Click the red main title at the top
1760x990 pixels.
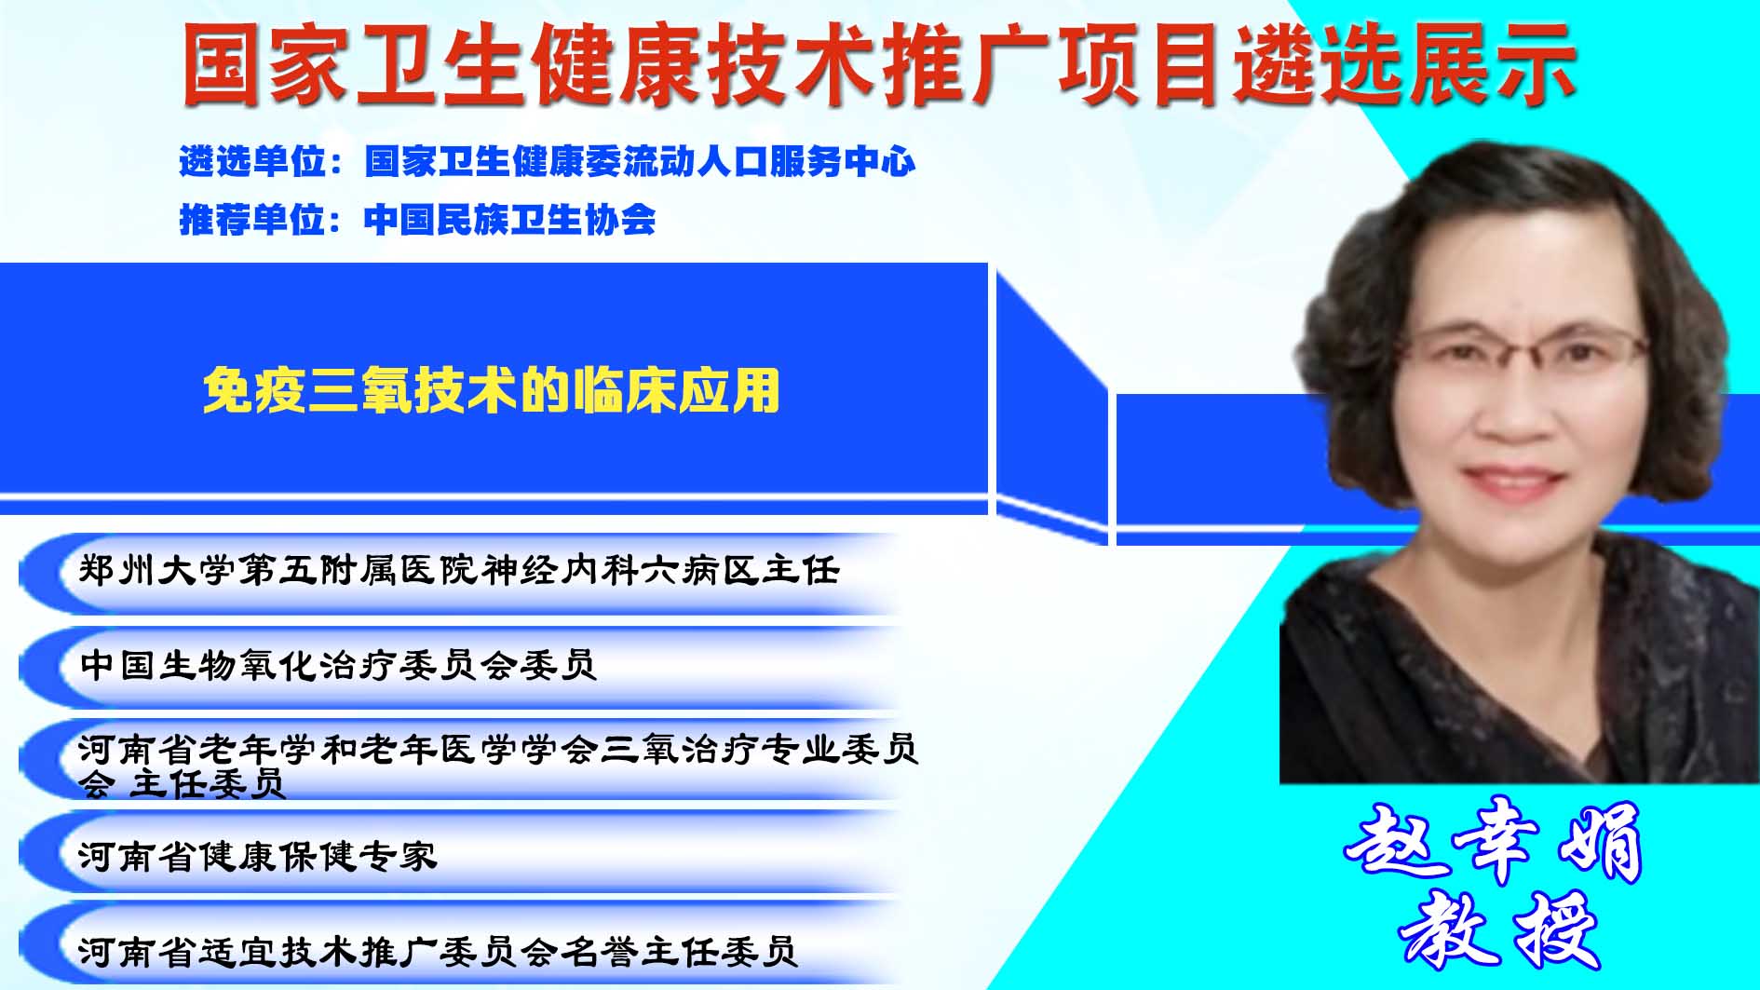coord(879,63)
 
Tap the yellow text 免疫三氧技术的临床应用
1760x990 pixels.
coord(491,390)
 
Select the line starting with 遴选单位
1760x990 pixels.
coord(548,161)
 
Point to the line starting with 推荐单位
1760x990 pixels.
coord(417,220)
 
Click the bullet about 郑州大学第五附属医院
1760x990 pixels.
coord(459,570)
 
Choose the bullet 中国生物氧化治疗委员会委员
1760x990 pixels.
coord(338,665)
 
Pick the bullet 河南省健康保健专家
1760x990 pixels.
coord(257,855)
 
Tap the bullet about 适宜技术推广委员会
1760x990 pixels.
coord(438,951)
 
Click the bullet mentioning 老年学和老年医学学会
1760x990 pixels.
coord(498,766)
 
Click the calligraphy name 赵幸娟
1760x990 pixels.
coord(1494,843)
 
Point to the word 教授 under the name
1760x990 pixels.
coord(1498,929)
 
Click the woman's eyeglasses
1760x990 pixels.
coord(1519,355)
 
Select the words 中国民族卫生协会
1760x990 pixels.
coord(510,220)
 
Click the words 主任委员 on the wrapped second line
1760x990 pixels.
coord(206,784)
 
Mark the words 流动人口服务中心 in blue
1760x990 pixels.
coord(769,161)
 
